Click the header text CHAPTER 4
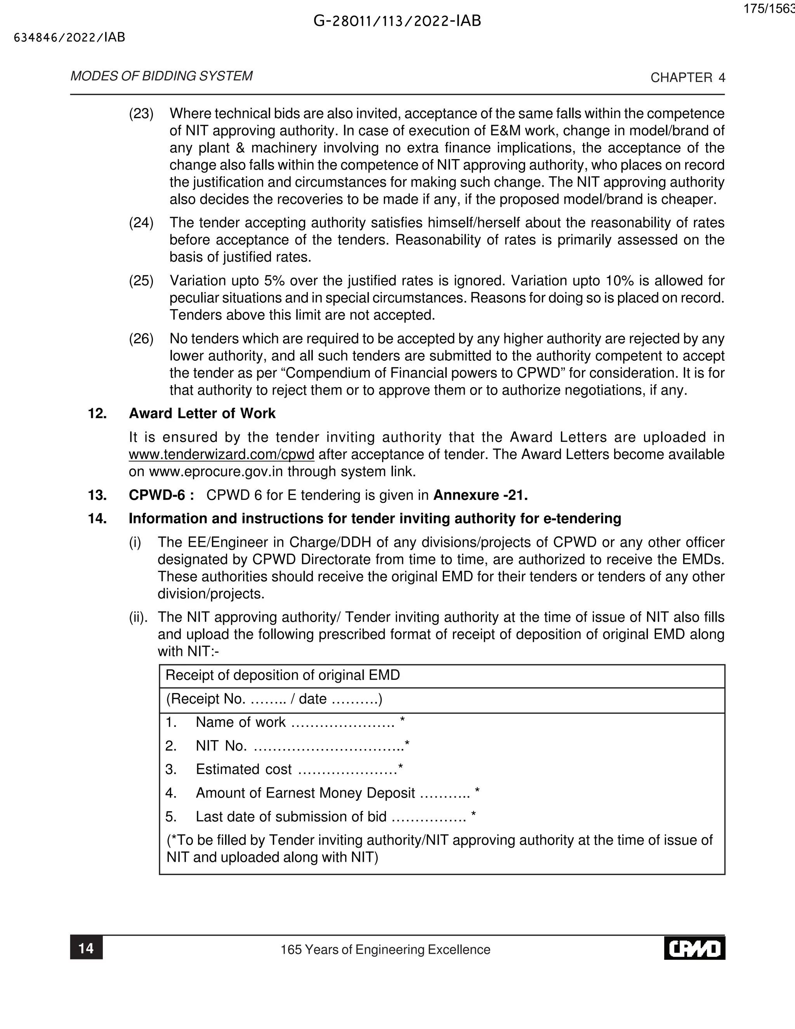[x=687, y=78]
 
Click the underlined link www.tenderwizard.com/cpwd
[x=221, y=455]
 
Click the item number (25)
[x=141, y=281]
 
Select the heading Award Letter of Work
[x=202, y=413]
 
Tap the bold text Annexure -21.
[x=481, y=495]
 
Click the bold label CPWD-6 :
[x=161, y=495]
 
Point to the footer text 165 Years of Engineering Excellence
[x=385, y=949]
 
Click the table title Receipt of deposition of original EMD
[x=283, y=675]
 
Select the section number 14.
[x=97, y=519]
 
